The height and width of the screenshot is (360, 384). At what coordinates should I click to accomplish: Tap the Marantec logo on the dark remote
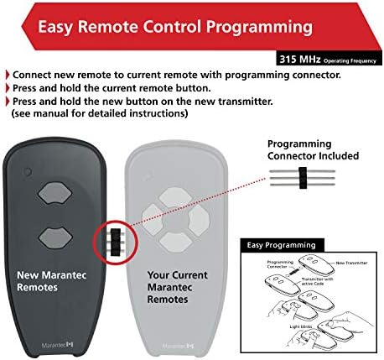click(x=62, y=345)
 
